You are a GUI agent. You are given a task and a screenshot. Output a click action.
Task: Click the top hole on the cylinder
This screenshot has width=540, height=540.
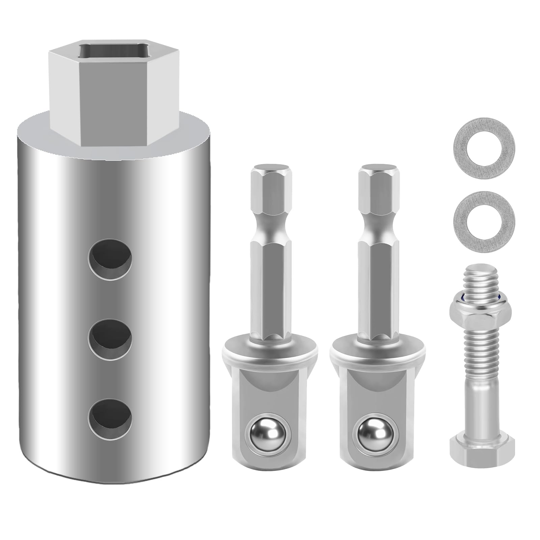coord(110,259)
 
